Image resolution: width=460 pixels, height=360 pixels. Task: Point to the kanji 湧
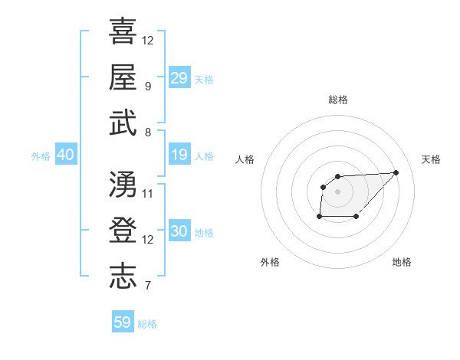tap(123, 184)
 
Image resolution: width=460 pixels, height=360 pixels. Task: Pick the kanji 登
tap(123, 230)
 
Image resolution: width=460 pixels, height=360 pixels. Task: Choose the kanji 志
tap(123, 276)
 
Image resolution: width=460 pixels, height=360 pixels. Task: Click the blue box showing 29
tap(179, 77)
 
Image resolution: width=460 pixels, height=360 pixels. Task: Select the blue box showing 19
tap(179, 155)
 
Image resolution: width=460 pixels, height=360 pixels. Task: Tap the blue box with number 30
tap(179, 232)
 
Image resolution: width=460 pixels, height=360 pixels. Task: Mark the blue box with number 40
tap(65, 155)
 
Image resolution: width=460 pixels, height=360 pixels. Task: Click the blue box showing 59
tap(123, 322)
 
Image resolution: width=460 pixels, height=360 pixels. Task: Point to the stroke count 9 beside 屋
tap(148, 87)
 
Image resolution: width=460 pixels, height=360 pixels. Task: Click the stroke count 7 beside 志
tap(148, 286)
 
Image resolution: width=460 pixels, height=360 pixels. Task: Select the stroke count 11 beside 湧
tap(148, 194)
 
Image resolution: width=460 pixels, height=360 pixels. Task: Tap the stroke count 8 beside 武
tap(148, 133)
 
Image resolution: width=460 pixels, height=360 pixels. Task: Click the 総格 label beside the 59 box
tap(148, 324)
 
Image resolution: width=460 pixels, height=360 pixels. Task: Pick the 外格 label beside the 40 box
tap(41, 156)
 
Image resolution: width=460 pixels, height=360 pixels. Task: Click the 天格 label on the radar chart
tap(431, 159)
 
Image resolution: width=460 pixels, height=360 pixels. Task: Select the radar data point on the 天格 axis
tap(396, 172)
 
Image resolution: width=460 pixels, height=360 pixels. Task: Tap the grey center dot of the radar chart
tap(337, 191)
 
